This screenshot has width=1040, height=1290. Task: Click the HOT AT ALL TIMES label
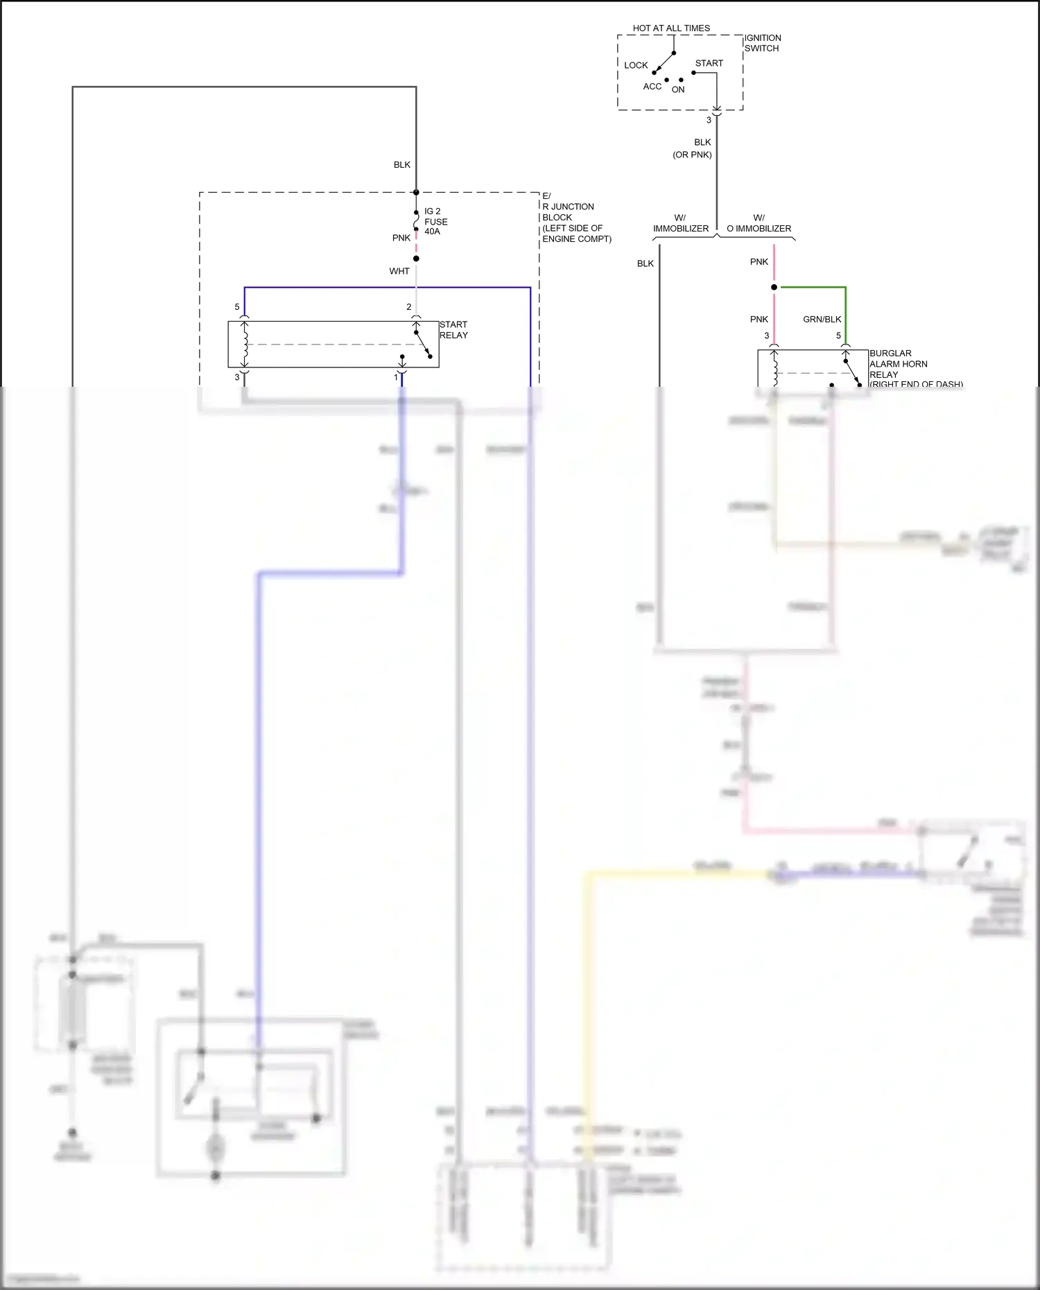[670, 28]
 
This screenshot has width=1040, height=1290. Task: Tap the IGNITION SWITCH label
[762, 43]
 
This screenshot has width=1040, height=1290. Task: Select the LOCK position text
[635, 65]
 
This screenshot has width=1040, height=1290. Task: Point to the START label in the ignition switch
[709, 63]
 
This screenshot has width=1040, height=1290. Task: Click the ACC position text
[652, 87]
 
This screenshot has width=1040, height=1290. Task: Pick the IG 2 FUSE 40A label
[435, 221]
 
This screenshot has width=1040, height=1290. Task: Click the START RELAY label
[453, 330]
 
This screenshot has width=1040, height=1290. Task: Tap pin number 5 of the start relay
[237, 307]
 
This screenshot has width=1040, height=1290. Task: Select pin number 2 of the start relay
[409, 307]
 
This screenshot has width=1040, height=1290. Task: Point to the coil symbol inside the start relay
[245, 345]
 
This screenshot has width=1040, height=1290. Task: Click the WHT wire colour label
[399, 271]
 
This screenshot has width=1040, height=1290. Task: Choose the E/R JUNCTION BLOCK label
[575, 218]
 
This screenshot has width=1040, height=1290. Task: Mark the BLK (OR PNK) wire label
[693, 148]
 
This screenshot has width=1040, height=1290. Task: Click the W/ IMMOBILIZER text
[680, 223]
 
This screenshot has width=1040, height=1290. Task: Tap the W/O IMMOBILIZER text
[759, 223]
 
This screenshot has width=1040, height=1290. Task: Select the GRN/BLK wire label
[822, 320]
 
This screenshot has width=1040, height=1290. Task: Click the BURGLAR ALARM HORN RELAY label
[899, 364]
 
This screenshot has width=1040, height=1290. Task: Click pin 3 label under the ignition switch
[709, 120]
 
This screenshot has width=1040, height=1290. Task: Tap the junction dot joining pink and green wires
[774, 287]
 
